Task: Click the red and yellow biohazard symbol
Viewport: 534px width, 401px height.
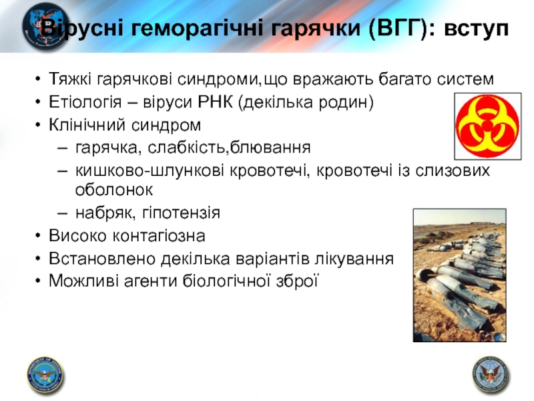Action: click(488, 126)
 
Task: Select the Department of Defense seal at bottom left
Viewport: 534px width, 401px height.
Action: click(45, 376)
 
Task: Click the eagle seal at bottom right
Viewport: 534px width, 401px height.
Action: click(491, 375)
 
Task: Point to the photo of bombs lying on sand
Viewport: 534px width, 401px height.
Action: click(459, 275)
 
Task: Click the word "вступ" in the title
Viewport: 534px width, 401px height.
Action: click(477, 29)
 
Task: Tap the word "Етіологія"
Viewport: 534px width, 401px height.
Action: click(85, 102)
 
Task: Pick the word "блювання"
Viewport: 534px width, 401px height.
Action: click(270, 147)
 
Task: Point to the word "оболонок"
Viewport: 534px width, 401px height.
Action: click(114, 190)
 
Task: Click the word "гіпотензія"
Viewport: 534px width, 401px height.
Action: click(181, 213)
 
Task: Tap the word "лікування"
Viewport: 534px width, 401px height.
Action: click(354, 259)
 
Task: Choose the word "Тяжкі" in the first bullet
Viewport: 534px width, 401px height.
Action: click(70, 79)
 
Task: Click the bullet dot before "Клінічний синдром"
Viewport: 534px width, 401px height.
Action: click(38, 125)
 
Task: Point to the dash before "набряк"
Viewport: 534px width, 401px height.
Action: click(63, 213)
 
